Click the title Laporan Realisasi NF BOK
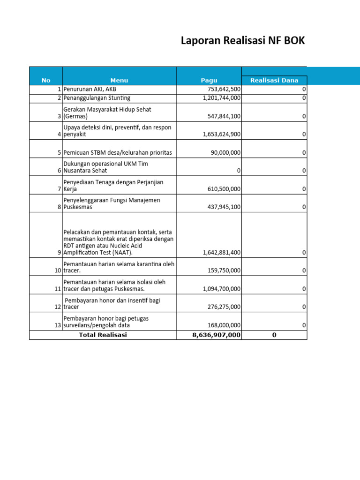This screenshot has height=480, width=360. point(243,41)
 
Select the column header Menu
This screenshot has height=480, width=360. point(119,80)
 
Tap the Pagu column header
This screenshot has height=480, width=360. point(209,80)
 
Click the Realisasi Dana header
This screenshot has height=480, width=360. point(274,80)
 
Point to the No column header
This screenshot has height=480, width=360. point(45,80)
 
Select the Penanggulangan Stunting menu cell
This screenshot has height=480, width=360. point(97,98)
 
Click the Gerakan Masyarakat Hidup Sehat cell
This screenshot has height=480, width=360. point(107,112)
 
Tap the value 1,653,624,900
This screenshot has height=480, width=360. point(222,134)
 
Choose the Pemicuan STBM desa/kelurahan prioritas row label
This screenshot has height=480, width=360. point(118,152)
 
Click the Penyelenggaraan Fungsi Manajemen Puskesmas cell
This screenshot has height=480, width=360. point(112,203)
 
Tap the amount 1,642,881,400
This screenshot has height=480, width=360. point(222,252)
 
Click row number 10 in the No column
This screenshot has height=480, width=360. point(58,270)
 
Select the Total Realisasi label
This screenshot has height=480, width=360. point(103,335)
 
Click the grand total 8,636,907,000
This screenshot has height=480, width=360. point(216,335)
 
